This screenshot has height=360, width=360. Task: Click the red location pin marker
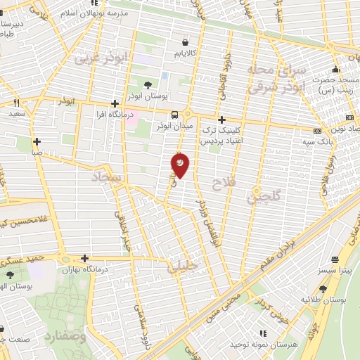coord(180,165)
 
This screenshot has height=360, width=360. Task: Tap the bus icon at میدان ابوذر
coord(174,115)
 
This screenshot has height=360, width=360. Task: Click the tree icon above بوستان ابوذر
coord(147,85)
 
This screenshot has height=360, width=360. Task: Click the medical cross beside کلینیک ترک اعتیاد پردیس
coord(222,120)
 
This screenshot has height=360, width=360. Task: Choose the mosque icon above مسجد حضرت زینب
coord(336,69)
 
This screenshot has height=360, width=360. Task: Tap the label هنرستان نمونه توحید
coord(274,345)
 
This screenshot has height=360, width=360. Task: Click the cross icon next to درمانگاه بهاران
coord(85,258)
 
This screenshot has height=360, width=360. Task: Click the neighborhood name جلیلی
coord(182,267)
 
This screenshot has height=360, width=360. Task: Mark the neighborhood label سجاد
coord(107,179)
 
